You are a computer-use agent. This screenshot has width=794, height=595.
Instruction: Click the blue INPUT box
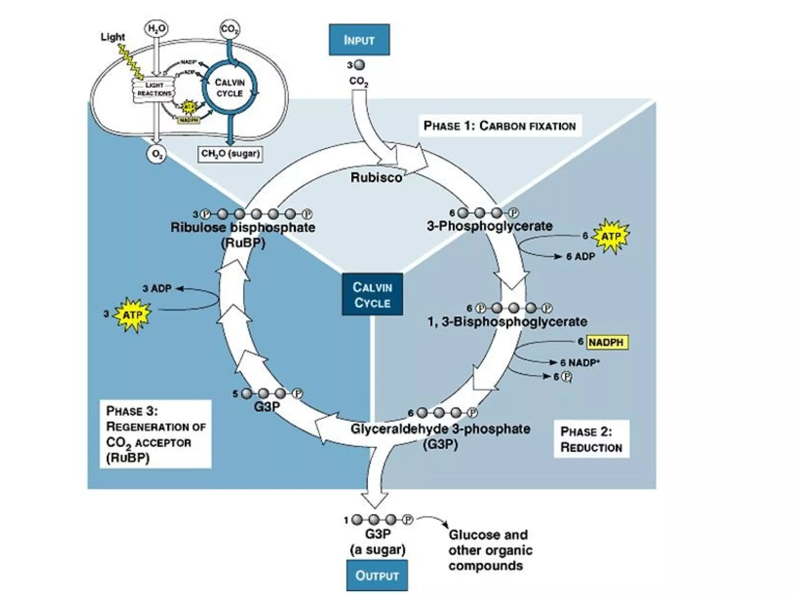coord(359,40)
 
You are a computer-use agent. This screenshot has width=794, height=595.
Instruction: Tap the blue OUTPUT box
coord(377,575)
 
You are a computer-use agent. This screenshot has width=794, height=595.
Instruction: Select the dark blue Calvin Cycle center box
coord(372,295)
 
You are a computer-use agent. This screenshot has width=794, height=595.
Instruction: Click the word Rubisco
coord(376,177)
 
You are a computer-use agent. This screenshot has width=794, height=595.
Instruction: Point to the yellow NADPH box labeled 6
coord(606,342)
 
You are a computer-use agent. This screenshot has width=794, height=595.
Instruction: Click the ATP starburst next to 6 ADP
coord(611,236)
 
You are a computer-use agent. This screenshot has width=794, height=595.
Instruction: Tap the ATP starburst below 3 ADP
coord(133,315)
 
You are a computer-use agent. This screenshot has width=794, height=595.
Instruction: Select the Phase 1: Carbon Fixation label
coord(500,126)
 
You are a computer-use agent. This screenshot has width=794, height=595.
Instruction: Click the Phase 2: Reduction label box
coord(591,439)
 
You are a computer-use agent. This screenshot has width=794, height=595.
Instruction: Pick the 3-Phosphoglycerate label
coord(490,226)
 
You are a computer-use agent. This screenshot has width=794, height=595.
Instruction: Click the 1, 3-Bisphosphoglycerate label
coord(507,322)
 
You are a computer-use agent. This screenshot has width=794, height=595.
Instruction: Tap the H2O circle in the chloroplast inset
coord(156,29)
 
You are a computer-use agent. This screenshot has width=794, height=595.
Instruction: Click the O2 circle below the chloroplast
coord(157,154)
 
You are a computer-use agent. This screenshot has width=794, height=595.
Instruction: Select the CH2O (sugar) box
coord(230,154)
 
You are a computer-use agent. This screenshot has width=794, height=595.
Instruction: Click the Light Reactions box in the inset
coord(154,89)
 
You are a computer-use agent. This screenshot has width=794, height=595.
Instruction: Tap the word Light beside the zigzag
coord(113,37)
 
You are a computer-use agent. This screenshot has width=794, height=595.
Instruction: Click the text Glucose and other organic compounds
coord(490,550)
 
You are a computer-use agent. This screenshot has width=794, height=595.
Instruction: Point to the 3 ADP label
coord(157,289)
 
